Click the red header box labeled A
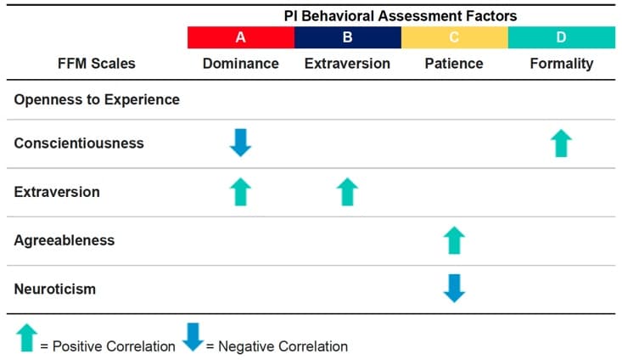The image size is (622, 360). pos(241,37)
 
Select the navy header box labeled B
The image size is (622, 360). pos(348,37)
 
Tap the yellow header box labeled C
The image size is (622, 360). pos(455,37)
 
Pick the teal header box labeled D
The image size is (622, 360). pos(562,37)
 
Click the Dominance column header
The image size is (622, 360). pos(241,64)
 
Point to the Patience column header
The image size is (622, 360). pos(454,64)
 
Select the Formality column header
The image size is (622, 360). pos(562,64)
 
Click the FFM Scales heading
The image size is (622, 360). pos(97,64)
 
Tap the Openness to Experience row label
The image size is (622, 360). pos(97,99)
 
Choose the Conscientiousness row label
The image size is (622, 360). pos(79,143)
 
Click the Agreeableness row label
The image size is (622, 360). pos(64,240)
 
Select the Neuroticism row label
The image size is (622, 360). pos(55,289)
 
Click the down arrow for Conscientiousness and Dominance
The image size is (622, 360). pos(240,143)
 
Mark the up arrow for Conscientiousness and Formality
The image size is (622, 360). pos(561,143)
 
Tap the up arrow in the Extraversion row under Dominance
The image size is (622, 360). pos(240,192)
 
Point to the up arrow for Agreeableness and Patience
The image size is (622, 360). pos(454,240)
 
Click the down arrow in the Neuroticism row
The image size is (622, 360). pos(454,289)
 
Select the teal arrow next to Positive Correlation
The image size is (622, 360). pos(26,338)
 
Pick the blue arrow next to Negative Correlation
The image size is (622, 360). pos(193,337)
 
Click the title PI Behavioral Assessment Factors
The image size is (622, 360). pos(401,16)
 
